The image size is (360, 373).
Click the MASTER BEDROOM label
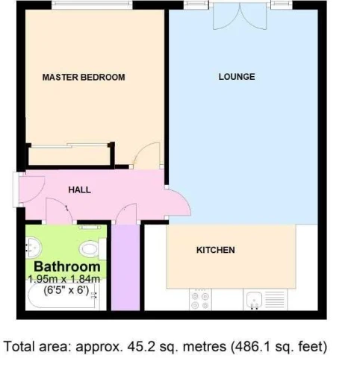click(84, 78)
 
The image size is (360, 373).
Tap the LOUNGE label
click(237, 77)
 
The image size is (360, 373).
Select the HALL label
click(80, 190)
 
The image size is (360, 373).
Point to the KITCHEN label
click(216, 250)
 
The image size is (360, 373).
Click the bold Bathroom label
click(67, 266)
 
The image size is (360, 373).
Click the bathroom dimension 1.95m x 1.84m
click(64, 279)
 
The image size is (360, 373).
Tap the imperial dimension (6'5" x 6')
click(66, 290)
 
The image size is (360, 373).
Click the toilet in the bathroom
click(93, 249)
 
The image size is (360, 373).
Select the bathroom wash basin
click(34, 248)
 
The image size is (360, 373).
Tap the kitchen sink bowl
click(254, 300)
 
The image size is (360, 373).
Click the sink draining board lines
click(275, 300)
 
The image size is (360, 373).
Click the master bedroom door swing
click(147, 155)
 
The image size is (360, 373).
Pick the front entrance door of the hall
click(32, 189)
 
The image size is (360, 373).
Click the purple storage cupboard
click(125, 267)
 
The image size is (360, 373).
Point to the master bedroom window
click(92, 5)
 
